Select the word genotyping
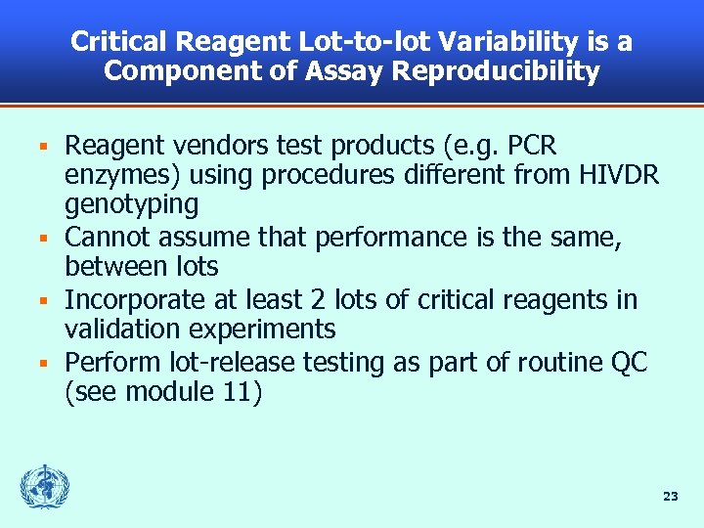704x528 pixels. (131, 205)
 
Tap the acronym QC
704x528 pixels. (628, 362)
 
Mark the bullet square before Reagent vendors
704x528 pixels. (42, 148)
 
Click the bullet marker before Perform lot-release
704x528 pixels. (42, 363)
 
